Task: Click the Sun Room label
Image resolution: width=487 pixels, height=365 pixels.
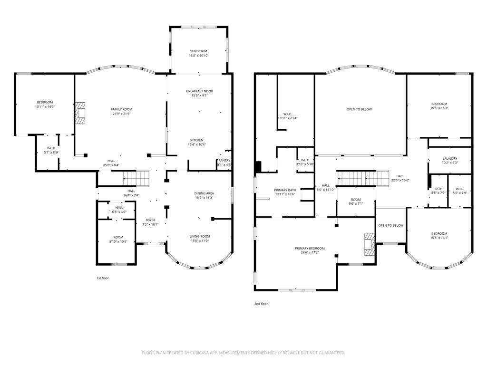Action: click(x=199, y=51)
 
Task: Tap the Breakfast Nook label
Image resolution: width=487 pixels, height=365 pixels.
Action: click(x=199, y=90)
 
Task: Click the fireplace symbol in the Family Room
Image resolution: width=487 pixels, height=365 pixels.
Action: click(x=80, y=113)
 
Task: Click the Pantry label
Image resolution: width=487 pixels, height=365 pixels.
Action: click(x=224, y=161)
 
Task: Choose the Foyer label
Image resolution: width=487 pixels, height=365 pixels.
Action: click(x=150, y=220)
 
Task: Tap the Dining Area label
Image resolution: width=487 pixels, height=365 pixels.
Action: click(x=204, y=193)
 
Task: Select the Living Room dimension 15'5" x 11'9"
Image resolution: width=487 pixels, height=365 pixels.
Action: click(x=200, y=241)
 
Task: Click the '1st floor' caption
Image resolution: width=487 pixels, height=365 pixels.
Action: click(x=102, y=278)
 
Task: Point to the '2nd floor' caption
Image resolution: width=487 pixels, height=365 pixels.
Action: click(x=261, y=304)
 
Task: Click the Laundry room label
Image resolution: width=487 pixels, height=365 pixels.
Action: click(x=449, y=158)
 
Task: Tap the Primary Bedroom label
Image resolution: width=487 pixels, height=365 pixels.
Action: click(x=310, y=248)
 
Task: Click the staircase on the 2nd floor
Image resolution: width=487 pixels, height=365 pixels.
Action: click(x=363, y=178)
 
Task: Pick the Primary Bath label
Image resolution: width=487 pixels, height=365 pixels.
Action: click(x=284, y=190)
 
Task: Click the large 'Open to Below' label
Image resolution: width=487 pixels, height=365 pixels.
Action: click(x=359, y=109)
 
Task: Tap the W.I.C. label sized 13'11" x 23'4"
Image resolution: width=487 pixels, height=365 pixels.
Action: click(x=288, y=114)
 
